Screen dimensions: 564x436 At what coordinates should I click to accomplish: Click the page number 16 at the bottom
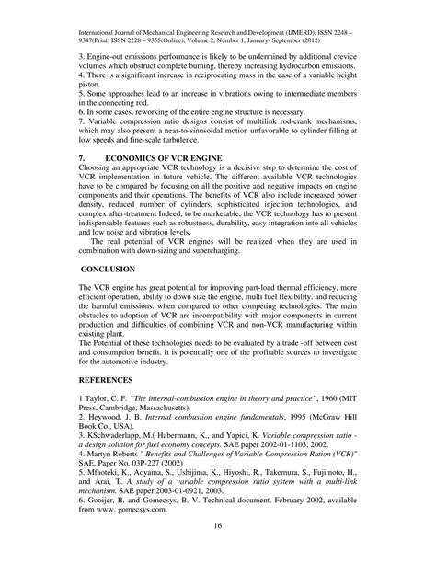pos(217,548)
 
